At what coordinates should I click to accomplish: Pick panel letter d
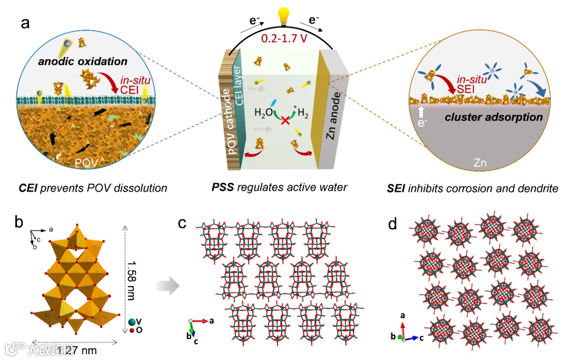392,224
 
